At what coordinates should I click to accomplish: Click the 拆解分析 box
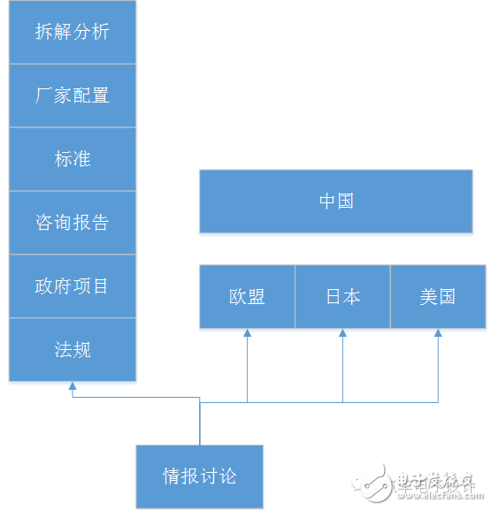(73, 32)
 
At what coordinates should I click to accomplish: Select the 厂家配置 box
(73, 95)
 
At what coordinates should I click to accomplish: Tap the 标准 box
(73, 159)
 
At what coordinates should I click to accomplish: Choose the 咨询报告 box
(73, 223)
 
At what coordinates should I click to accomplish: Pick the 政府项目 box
(73, 286)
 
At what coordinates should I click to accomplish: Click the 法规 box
(73, 350)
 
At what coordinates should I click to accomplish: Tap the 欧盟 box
(247, 297)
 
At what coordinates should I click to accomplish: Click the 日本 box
(342, 297)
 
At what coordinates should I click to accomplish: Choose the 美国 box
(438, 297)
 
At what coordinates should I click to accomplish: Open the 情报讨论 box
(200, 477)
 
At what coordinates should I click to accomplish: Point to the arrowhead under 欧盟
(248, 333)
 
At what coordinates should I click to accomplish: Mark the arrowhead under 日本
(343, 333)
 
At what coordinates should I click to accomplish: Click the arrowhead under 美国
(438, 333)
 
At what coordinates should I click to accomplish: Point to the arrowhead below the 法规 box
(73, 386)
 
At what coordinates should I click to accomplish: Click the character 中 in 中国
(328, 202)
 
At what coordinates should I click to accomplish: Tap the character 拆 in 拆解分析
(44, 32)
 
